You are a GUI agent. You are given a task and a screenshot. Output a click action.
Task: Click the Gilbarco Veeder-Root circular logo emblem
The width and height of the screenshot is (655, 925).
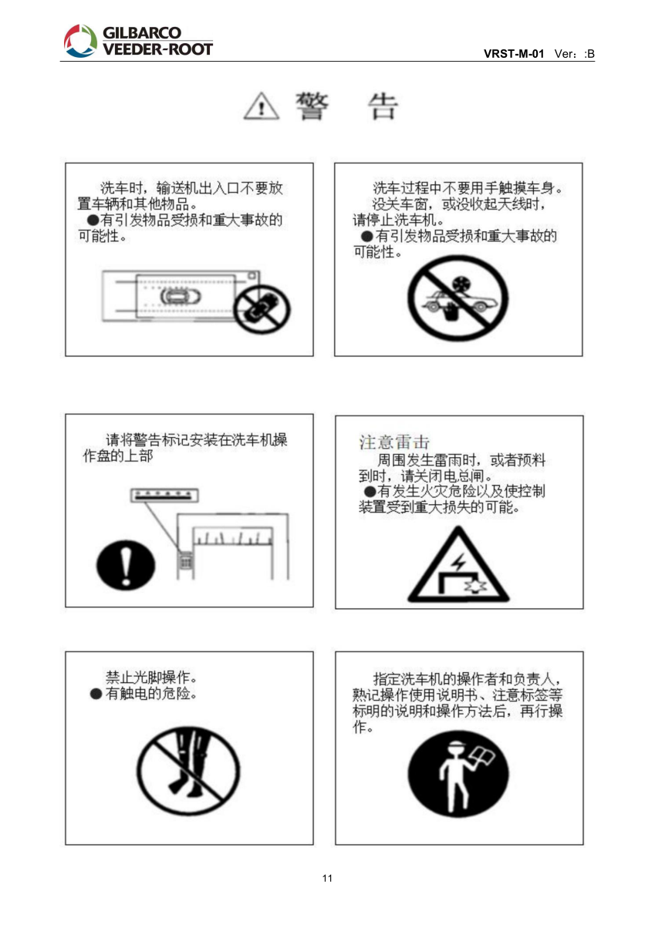coord(80,40)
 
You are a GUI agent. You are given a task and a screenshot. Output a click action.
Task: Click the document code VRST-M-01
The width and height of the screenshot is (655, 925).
coord(514,54)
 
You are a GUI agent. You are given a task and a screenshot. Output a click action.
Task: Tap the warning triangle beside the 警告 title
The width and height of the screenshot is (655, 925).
coord(262,106)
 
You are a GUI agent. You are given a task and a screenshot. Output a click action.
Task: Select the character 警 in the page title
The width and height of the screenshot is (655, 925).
coord(312,106)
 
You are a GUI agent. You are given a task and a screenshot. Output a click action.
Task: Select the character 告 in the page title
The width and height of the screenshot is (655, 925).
coord(383,106)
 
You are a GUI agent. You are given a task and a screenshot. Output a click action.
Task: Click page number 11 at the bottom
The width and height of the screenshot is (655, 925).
coord(327,878)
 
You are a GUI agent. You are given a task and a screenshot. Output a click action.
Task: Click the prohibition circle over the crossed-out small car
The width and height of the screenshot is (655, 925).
coord(262,309)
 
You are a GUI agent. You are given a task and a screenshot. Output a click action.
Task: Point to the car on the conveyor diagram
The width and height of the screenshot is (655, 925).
coord(181,296)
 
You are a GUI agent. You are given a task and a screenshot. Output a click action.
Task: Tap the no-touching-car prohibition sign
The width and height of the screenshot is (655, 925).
coord(457,298)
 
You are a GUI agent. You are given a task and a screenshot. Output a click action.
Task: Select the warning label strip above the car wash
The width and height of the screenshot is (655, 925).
coord(164,495)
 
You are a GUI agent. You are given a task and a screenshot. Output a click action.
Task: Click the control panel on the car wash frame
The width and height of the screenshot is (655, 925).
coord(186,561)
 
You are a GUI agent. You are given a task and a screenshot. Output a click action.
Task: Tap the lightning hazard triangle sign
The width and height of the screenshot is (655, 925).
coord(457,564)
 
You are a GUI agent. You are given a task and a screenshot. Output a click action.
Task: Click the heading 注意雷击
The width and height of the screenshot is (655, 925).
coord(394,442)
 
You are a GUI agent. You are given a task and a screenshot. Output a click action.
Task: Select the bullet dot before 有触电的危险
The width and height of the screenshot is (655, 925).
coord(96,694)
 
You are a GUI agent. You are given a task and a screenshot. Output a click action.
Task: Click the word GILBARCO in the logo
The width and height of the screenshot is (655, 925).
coord(142,32)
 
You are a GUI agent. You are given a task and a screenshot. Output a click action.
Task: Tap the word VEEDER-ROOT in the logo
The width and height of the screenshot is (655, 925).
coord(157,49)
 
